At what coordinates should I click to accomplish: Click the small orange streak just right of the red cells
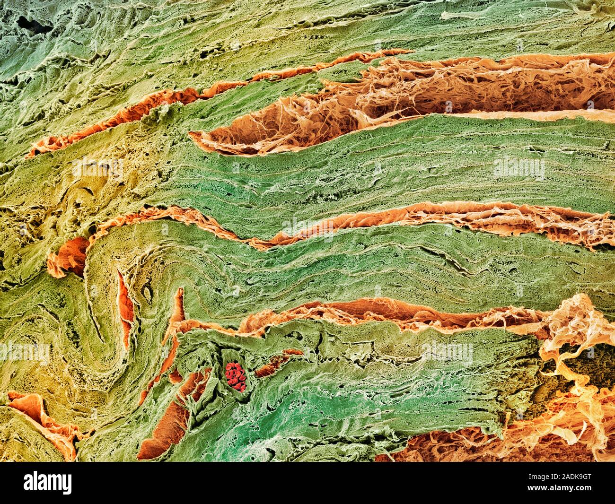[277, 362]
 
